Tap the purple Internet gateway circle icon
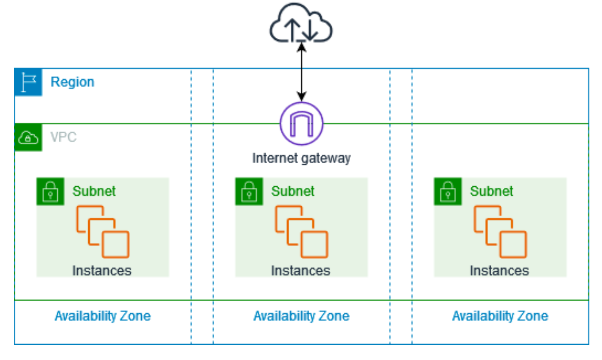(301, 124)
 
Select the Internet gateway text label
(301, 158)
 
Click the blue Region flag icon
(28, 82)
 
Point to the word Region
(72, 82)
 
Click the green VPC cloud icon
(28, 138)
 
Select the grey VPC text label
(63, 137)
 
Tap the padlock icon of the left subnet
(50, 191)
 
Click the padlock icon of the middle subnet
(249, 191)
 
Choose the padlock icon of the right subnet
(448, 191)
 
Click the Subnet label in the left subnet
(94, 191)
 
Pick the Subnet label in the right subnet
(491, 191)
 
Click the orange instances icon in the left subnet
(102, 231)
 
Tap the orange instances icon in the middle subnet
(301, 231)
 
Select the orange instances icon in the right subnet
(500, 231)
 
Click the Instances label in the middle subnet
(300, 271)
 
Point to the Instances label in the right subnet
(499, 271)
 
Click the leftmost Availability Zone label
(102, 316)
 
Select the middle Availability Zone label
(301, 316)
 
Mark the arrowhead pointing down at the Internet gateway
(301, 96)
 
